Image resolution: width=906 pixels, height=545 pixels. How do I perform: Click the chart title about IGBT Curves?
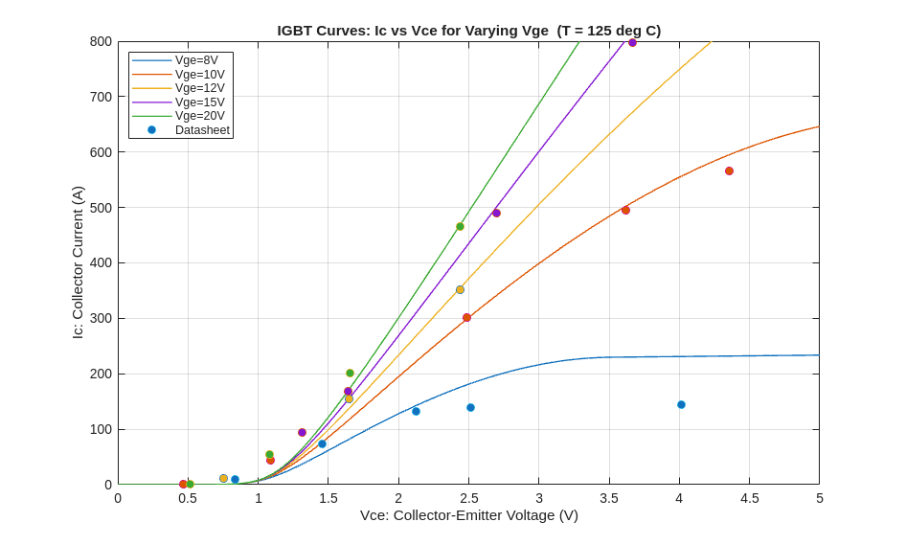pyautogui.click(x=468, y=31)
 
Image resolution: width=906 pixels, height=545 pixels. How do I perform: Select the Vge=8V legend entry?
pyautogui.click(x=196, y=60)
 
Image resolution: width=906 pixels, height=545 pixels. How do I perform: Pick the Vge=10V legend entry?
pyautogui.click(x=199, y=75)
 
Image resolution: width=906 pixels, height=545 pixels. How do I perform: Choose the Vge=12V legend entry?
pyautogui.click(x=199, y=88)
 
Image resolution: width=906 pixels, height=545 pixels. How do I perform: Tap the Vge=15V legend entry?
pyautogui.click(x=199, y=102)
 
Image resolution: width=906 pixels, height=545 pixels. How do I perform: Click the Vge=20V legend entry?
pyautogui.click(x=199, y=116)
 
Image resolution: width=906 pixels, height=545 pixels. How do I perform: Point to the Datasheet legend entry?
pyautogui.click(x=202, y=130)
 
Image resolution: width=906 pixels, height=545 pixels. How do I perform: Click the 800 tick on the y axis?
pyautogui.click(x=101, y=41)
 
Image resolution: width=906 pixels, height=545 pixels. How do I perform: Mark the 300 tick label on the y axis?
pyautogui.click(x=101, y=318)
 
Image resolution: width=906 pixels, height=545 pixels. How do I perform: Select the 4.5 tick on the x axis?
pyautogui.click(x=749, y=498)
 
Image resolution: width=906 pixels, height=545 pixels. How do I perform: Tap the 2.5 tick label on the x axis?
pyautogui.click(x=468, y=498)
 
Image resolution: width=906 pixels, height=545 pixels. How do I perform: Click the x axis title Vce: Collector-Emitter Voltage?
pyautogui.click(x=468, y=515)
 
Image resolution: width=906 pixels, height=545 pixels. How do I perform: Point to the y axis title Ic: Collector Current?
pyautogui.click(x=78, y=262)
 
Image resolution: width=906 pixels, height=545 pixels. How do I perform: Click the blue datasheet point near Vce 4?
pyautogui.click(x=681, y=404)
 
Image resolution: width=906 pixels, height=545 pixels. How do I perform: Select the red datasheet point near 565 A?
pyautogui.click(x=729, y=170)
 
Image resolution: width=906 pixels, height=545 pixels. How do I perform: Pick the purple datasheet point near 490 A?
pyautogui.click(x=496, y=213)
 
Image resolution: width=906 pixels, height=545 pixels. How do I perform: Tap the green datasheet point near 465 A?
pyautogui.click(x=460, y=226)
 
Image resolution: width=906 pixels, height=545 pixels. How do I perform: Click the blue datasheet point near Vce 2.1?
pyautogui.click(x=416, y=411)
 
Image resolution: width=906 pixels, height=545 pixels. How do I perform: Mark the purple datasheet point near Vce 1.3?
pyautogui.click(x=302, y=432)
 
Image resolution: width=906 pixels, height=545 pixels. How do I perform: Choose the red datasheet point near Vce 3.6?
pyautogui.click(x=625, y=210)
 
